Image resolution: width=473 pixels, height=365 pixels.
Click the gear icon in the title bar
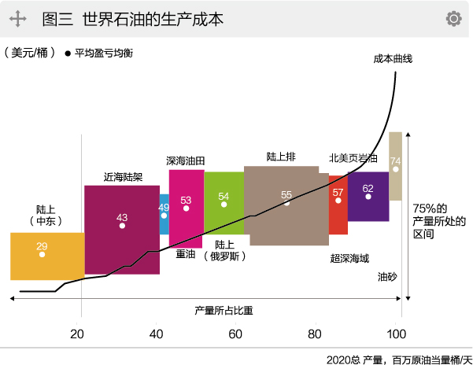pyautogui.click(x=453, y=18)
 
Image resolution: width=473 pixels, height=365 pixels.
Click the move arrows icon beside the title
pyautogui.click(x=18, y=18)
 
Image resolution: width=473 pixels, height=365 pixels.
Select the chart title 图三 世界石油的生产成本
pyautogui.click(x=132, y=18)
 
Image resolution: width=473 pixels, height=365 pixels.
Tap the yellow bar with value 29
pyautogui.click(x=47, y=256)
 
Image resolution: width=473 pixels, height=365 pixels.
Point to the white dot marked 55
pyautogui.click(x=286, y=203)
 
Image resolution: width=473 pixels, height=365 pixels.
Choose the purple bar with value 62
pyautogui.click(x=368, y=197)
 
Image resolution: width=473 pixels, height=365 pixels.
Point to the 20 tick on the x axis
pyautogui.click(x=77, y=333)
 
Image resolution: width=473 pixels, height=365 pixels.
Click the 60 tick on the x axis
pyautogui.click(x=236, y=333)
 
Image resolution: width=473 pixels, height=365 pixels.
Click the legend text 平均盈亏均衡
pyautogui.click(x=105, y=53)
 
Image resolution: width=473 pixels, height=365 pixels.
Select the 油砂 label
pyautogui.click(x=387, y=277)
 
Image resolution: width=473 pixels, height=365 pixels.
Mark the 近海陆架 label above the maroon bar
pyautogui.click(x=123, y=177)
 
